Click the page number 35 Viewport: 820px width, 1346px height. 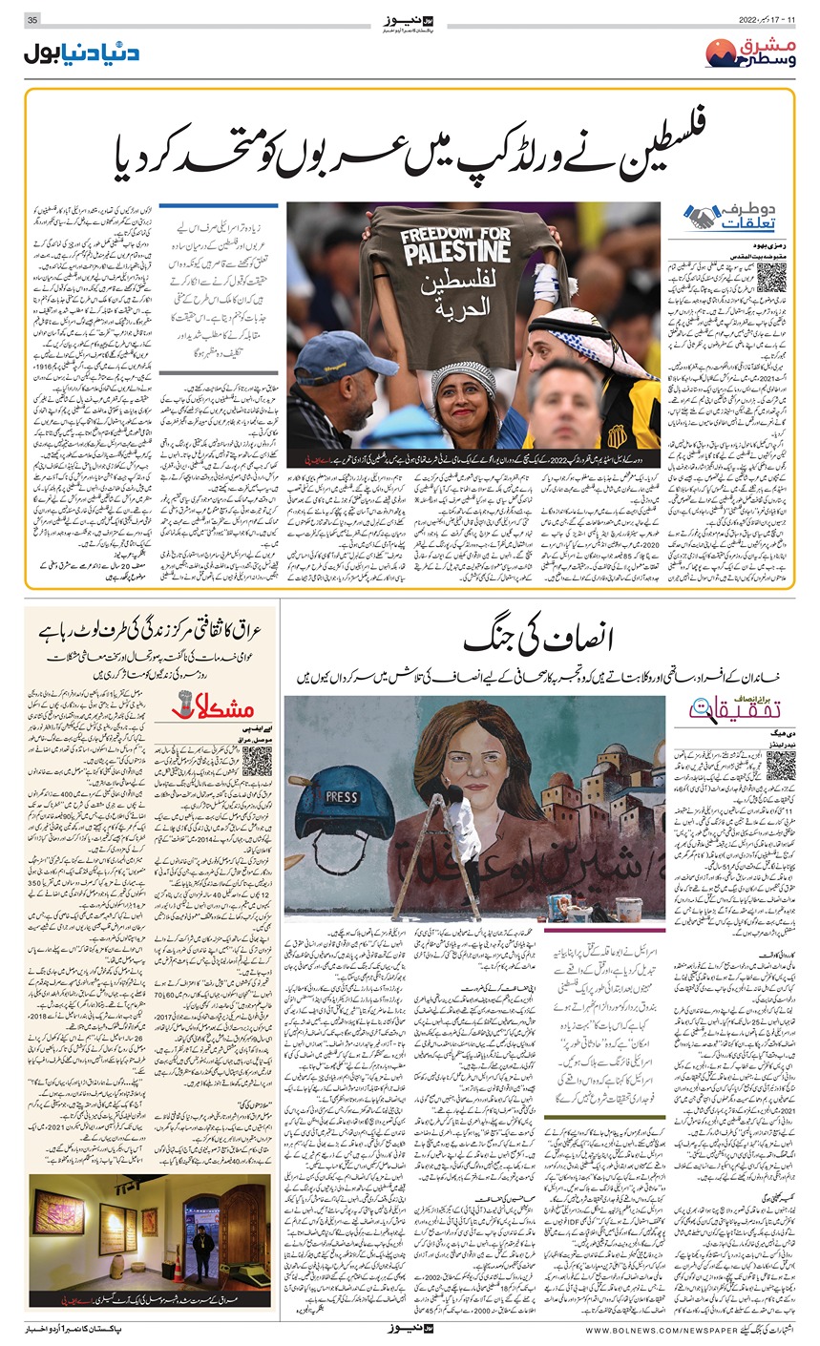tap(32, 20)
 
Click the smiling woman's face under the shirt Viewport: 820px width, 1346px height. tap(462, 398)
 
